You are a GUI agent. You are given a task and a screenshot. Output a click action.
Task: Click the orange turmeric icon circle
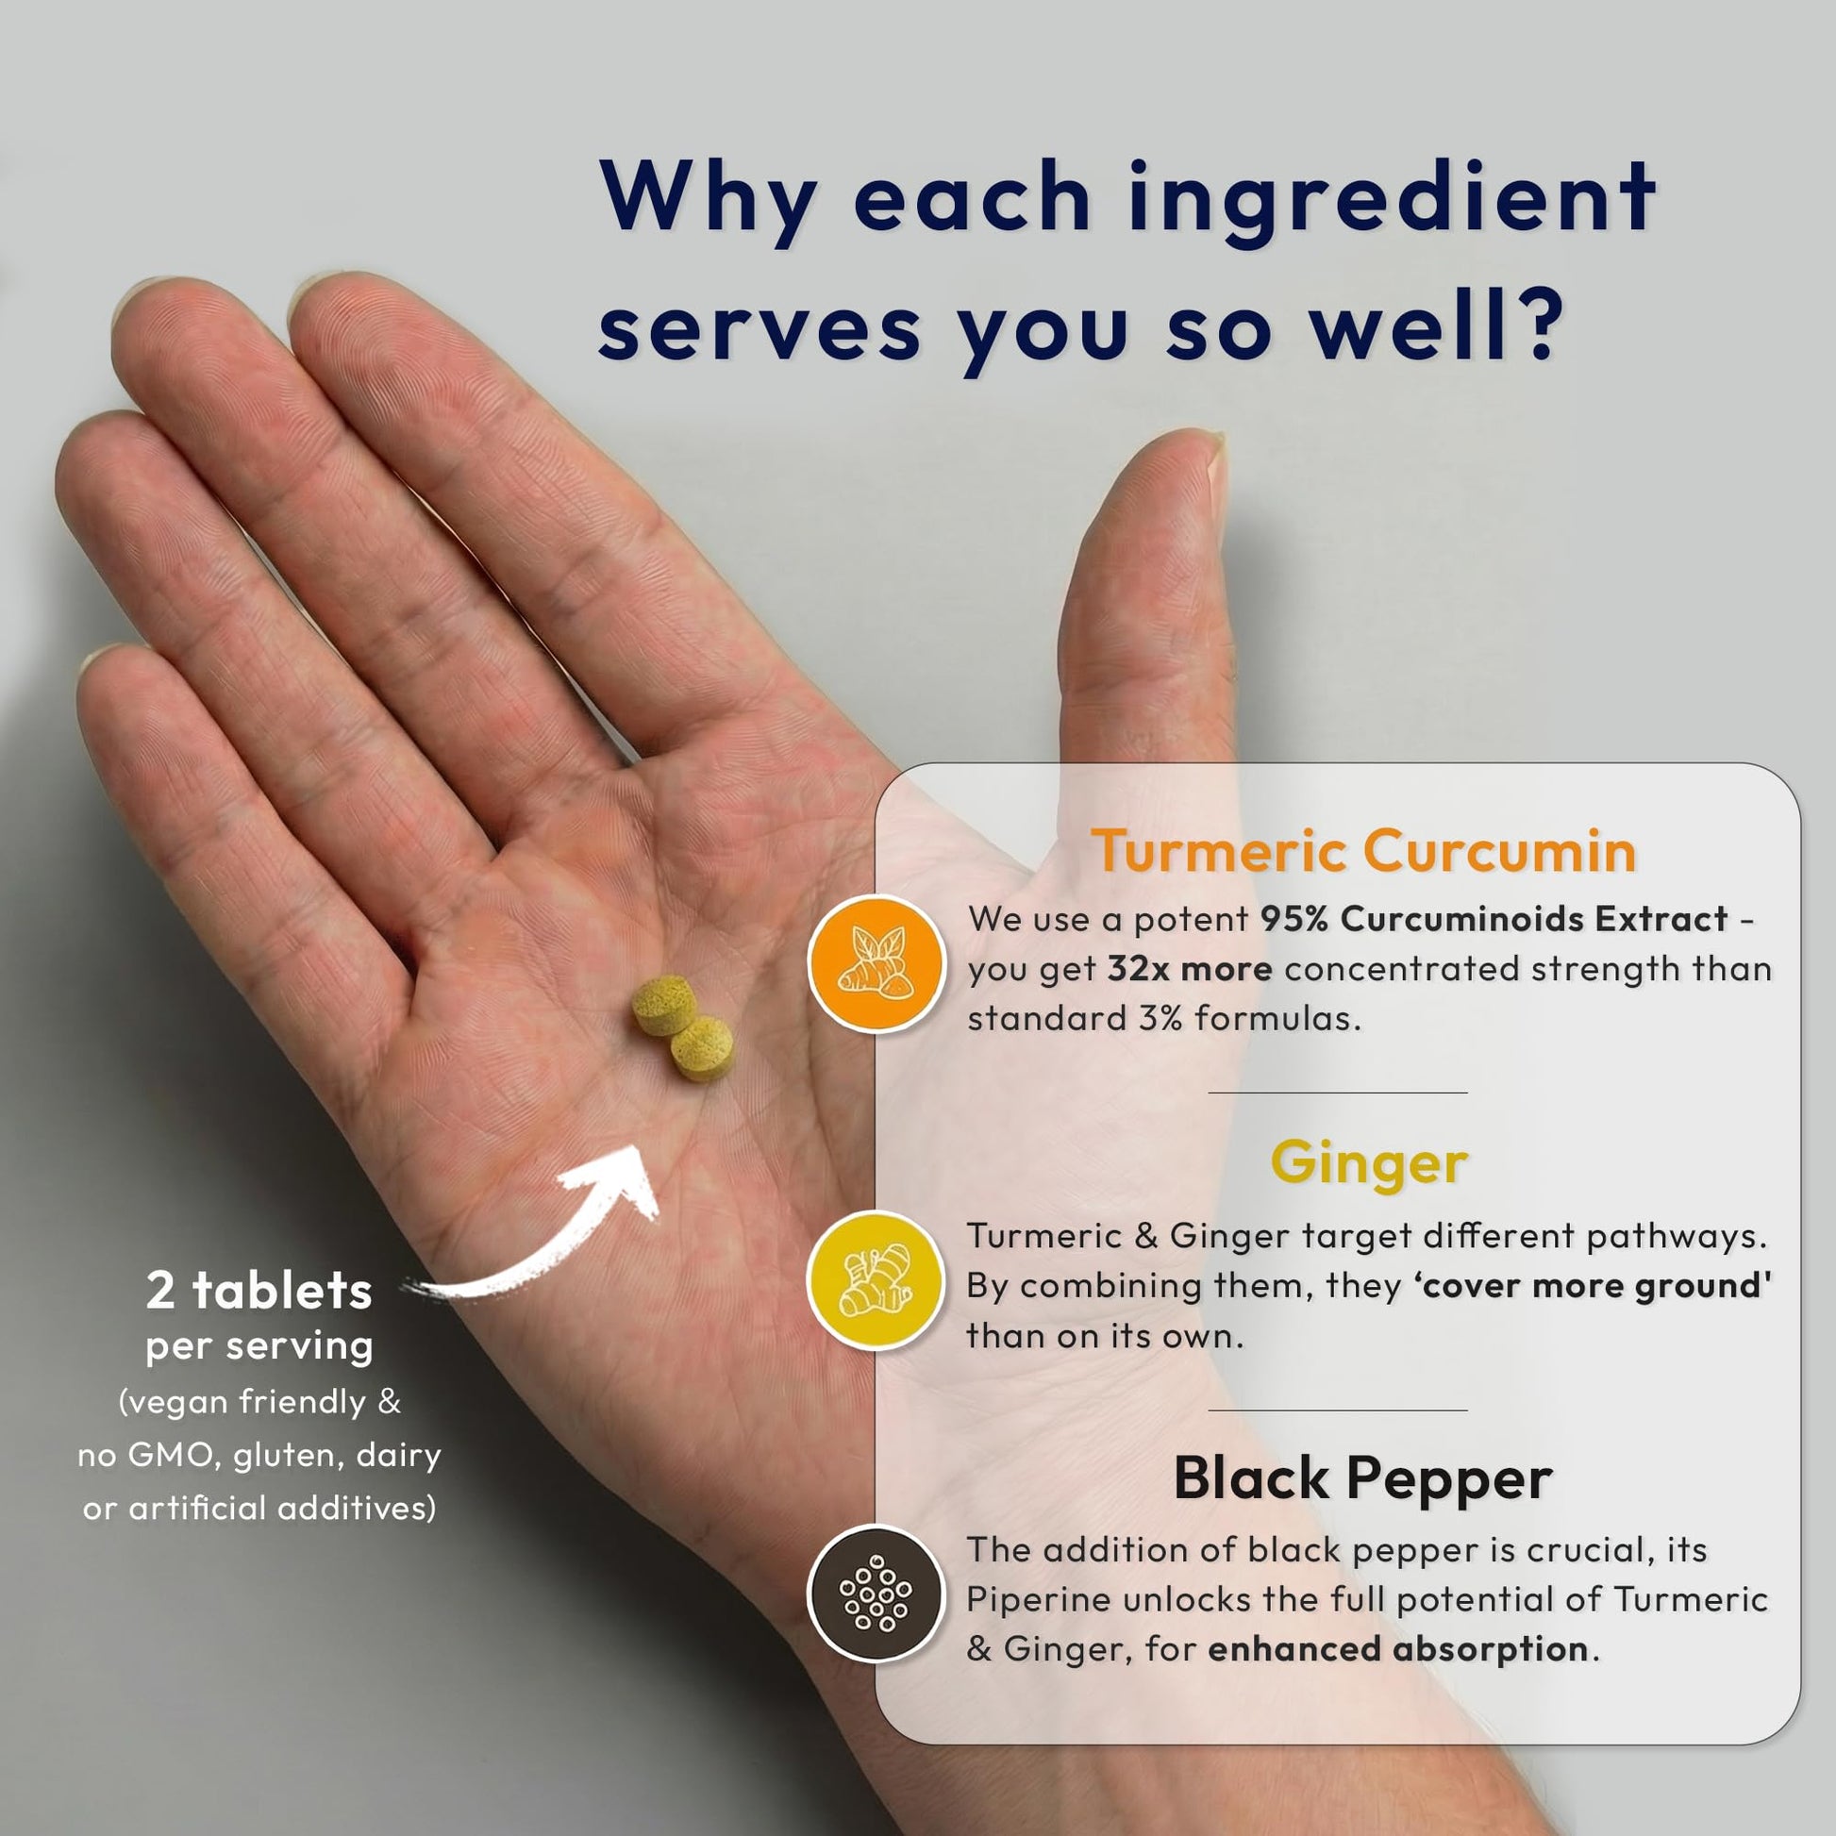876,962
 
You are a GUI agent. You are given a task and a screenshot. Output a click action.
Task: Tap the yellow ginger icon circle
876,1280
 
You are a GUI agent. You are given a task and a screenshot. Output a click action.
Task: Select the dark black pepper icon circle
876,1594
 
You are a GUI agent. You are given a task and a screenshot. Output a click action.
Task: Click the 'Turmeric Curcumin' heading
1362,849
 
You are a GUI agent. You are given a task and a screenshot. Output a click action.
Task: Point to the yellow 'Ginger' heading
1369,1163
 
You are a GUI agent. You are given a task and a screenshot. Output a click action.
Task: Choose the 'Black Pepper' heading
1362,1478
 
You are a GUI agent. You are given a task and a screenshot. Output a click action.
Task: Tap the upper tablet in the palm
664,1004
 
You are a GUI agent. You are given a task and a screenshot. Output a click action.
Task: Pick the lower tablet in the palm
702,1048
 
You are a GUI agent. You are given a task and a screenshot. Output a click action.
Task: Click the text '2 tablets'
259,1291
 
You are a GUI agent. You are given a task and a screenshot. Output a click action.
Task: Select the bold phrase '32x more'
1190,968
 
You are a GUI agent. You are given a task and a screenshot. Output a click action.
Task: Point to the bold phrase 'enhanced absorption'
1397,1648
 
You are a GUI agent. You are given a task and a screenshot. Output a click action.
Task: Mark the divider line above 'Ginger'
1337,1093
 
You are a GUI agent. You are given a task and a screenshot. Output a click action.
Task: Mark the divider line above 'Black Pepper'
1337,1410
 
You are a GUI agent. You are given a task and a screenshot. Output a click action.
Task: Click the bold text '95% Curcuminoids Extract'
1494,918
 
